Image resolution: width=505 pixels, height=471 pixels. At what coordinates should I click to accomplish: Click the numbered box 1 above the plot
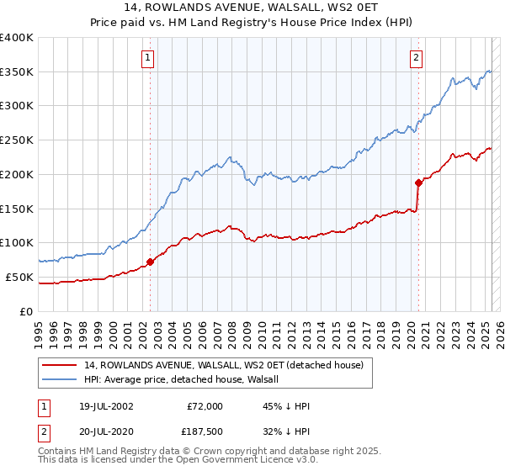click(148, 58)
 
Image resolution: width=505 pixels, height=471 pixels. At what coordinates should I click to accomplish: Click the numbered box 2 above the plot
click(417, 58)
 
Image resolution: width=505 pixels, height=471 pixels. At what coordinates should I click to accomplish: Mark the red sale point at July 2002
click(151, 262)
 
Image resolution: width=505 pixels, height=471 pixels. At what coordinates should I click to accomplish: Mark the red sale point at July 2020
click(418, 182)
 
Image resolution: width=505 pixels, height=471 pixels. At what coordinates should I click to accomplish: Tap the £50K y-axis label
click(20, 277)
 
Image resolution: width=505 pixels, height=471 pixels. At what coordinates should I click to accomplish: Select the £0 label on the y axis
click(26, 311)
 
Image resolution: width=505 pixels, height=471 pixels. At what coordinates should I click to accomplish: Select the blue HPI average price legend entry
click(185, 379)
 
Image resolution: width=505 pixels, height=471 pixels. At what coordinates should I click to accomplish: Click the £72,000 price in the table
click(205, 406)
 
